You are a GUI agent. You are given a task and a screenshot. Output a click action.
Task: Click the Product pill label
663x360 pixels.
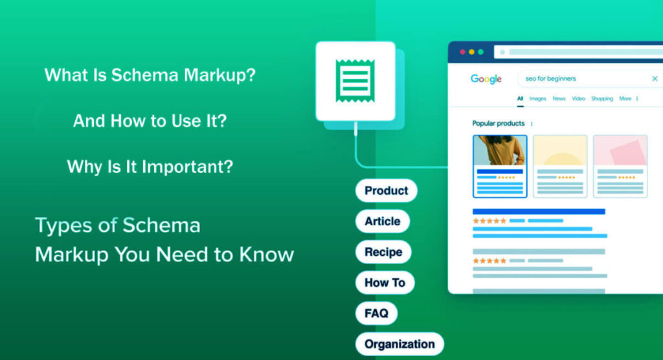click(x=386, y=190)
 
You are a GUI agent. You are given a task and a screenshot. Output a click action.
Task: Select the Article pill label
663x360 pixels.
click(x=382, y=221)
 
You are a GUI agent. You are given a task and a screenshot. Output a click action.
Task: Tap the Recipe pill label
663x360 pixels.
click(x=383, y=252)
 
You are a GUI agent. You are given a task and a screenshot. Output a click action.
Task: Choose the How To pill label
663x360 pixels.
click(x=385, y=283)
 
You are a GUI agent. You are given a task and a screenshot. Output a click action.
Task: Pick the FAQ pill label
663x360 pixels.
click(x=376, y=313)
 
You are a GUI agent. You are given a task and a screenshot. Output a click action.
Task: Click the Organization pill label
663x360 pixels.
click(x=399, y=344)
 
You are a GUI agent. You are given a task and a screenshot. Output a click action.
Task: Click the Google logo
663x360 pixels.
click(x=486, y=79)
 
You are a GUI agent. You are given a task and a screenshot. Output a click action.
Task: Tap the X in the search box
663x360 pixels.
click(x=655, y=79)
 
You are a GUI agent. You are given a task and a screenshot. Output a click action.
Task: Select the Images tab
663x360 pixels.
click(x=537, y=99)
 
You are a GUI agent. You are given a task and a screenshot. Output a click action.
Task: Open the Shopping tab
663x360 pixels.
click(x=601, y=99)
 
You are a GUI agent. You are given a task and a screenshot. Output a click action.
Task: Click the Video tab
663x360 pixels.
click(x=578, y=99)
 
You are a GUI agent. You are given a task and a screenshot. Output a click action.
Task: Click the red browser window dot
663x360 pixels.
click(x=462, y=52)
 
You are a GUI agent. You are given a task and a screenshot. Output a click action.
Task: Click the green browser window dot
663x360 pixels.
click(x=480, y=52)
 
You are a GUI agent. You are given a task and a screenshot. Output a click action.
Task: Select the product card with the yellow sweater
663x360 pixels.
click(x=500, y=166)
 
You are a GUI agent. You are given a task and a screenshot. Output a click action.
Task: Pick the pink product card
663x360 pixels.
click(x=620, y=166)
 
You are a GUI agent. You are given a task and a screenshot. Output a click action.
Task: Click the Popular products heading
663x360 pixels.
click(x=498, y=124)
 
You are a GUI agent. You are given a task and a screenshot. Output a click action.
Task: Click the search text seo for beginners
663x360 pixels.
click(x=550, y=79)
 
